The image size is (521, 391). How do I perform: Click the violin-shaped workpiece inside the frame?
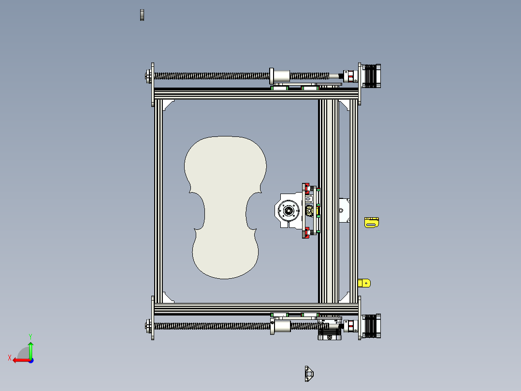point(225,208)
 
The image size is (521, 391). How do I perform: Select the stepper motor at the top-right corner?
point(372,76)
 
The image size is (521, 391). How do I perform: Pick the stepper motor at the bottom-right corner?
point(372,326)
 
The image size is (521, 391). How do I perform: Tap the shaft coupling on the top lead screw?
point(348,76)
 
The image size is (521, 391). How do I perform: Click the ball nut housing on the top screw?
point(280,76)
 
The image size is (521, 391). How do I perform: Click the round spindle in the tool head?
point(289,211)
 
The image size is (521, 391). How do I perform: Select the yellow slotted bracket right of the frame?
point(372,223)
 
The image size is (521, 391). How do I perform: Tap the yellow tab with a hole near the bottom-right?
point(364,283)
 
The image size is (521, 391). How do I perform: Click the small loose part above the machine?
point(142,15)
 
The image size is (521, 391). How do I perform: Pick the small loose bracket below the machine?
point(309,374)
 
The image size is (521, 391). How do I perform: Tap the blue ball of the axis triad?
point(30,360)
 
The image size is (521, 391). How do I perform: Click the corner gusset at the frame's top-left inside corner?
point(168,104)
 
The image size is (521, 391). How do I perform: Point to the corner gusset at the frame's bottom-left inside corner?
point(168,298)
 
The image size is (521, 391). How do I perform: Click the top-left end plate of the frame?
point(153,84)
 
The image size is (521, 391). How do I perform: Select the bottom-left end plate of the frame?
point(153,318)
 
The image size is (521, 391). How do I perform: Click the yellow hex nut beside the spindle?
point(309,211)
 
